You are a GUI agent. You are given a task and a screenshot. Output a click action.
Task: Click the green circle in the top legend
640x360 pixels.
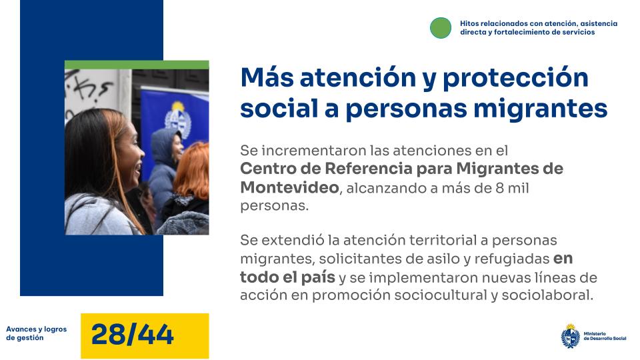[441, 28]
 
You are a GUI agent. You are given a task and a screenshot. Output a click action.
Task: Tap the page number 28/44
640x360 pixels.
[133, 335]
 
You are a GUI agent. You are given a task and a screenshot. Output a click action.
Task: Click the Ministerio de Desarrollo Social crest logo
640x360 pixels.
[570, 335]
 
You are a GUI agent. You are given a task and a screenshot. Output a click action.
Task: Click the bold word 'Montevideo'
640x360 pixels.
[289, 187]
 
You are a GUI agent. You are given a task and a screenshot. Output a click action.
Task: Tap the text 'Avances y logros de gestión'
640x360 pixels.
[36, 333]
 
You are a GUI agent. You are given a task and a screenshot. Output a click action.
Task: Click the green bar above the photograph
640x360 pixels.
[137, 65]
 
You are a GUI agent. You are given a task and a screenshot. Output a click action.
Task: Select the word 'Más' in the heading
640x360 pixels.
[267, 78]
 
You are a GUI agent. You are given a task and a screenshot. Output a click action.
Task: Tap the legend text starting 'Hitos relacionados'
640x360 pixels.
[538, 27]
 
